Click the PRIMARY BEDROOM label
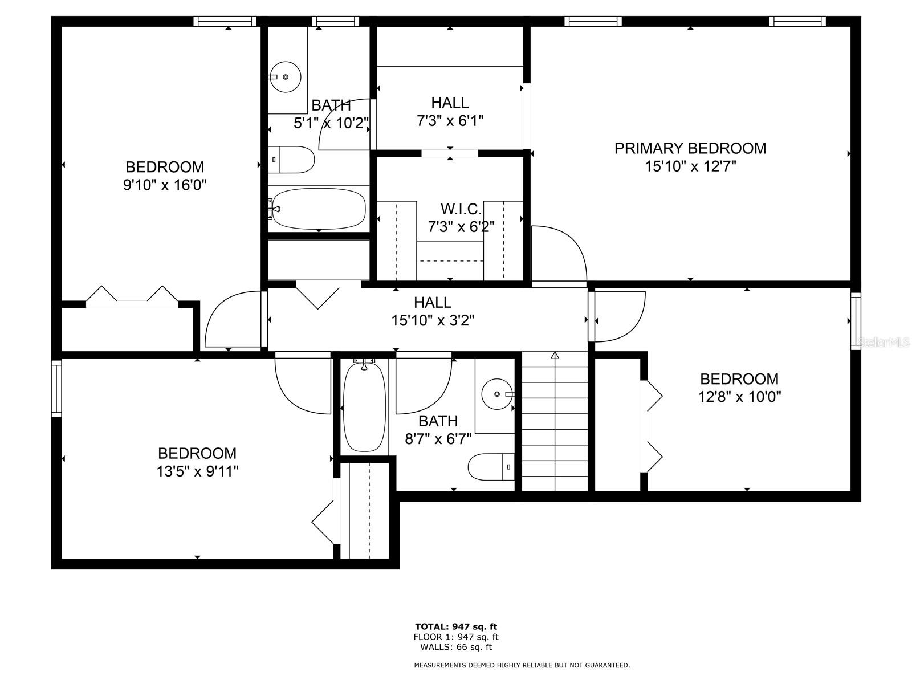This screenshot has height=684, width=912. pos(690,148)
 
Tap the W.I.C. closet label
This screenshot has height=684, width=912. pos(461,209)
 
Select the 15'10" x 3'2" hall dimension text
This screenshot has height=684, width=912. pos(433,320)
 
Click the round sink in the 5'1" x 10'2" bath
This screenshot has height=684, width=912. pos(285,77)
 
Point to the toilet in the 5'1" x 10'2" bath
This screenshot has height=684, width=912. pos(291,160)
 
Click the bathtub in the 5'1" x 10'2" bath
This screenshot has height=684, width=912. pos(318,209)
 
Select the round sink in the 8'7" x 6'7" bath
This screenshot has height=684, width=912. pos(498,393)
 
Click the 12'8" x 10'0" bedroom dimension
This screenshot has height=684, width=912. pos(739,397)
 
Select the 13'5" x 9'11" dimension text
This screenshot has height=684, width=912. pos(197,471)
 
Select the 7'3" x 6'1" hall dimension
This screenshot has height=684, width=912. pos(450,121)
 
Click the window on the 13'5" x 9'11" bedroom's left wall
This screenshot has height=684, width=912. pos(56,388)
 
